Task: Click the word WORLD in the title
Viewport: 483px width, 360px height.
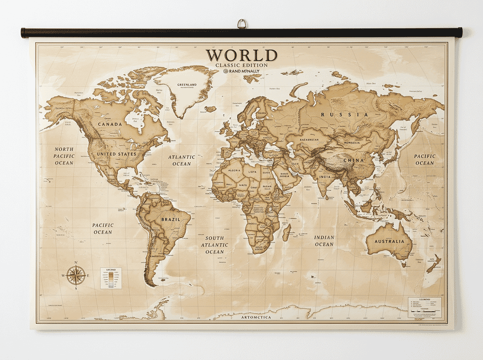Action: click(241, 55)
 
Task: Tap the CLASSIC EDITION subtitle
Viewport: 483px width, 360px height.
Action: click(241, 65)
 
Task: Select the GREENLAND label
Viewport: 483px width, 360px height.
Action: click(187, 85)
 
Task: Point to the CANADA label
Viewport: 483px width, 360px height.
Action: click(110, 124)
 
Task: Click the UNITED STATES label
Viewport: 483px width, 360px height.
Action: click(117, 154)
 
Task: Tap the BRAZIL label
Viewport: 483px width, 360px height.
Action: click(170, 219)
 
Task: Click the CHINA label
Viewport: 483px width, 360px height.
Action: click(354, 160)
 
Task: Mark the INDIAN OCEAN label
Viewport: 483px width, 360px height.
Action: click(324, 241)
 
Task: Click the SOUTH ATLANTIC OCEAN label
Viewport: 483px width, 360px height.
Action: click(215, 245)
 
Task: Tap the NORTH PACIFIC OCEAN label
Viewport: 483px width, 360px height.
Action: click(64, 156)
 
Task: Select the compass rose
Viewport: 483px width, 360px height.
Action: click(76, 275)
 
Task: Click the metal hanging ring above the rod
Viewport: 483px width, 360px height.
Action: click(241, 24)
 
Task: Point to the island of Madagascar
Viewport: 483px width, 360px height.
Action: click(286, 232)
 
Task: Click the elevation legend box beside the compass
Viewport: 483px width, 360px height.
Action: click(111, 278)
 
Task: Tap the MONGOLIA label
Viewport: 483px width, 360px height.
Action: click(351, 143)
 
